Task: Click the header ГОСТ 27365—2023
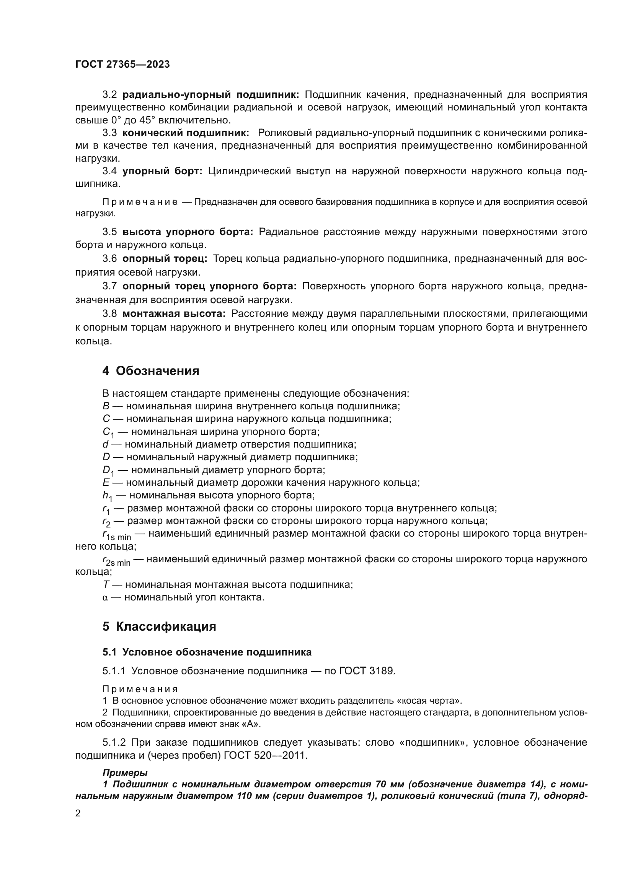point(122,65)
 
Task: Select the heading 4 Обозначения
point(150,371)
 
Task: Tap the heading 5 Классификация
point(159,626)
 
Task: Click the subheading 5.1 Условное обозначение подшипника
point(207,652)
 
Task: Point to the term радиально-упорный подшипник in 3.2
point(210,95)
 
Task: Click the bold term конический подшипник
point(186,133)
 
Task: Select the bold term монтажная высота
point(174,314)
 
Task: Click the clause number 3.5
point(109,232)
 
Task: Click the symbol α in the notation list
point(105,597)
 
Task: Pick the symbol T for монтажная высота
point(105,584)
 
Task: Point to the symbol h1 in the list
point(107,496)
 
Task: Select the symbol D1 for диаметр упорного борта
point(108,471)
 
